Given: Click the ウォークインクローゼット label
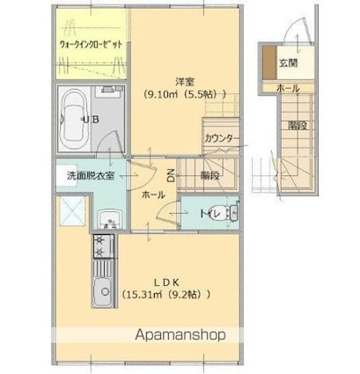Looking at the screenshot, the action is pyautogui.click(x=92, y=45).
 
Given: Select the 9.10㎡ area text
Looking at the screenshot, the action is pyautogui.click(x=160, y=94).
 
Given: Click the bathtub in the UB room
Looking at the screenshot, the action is pyautogui.click(x=74, y=119).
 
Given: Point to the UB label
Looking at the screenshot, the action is pyautogui.click(x=91, y=120).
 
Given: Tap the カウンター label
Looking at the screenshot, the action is pyautogui.click(x=222, y=138).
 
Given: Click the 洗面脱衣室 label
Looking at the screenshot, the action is pyautogui.click(x=91, y=175).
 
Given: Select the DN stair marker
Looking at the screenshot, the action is pyautogui.click(x=171, y=175).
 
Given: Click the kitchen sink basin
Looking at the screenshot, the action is pyautogui.click(x=103, y=290).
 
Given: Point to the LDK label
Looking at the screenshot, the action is pyautogui.click(x=166, y=282).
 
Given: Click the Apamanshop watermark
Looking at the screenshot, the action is pyautogui.click(x=180, y=334).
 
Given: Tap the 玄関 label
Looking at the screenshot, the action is pyautogui.click(x=288, y=63).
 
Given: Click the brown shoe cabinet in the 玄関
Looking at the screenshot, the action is pyautogui.click(x=269, y=62).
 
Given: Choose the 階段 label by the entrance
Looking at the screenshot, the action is pyautogui.click(x=298, y=126).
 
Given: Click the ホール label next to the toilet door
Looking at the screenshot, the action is pyautogui.click(x=153, y=194).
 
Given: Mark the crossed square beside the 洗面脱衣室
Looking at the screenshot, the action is pyautogui.click(x=72, y=211).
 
